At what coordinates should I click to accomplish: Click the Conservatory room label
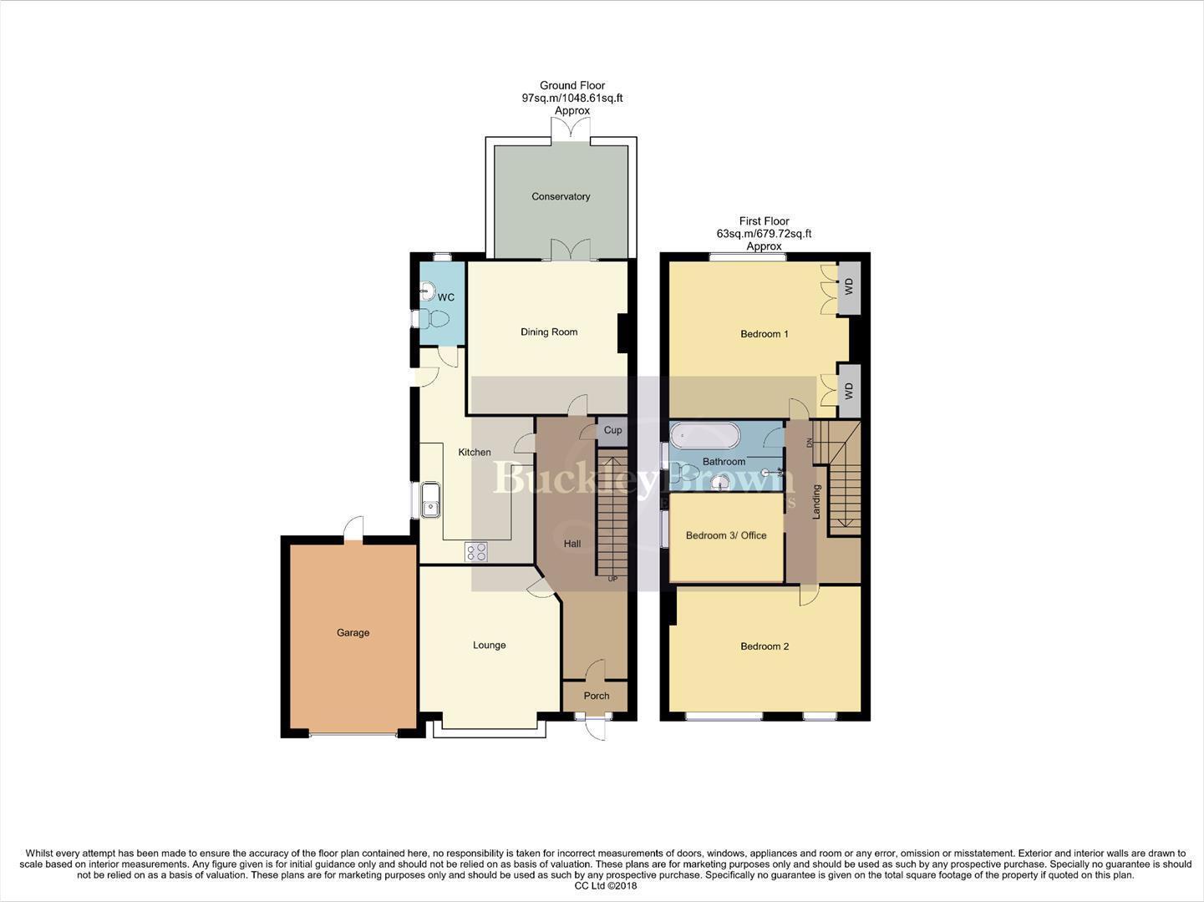[x=561, y=196]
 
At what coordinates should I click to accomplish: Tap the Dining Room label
[x=549, y=332]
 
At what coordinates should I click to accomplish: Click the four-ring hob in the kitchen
[x=477, y=551]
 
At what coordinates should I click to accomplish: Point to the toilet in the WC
[x=432, y=318]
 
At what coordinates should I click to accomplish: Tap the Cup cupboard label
[x=612, y=430]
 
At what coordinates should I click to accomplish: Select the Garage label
[x=353, y=632]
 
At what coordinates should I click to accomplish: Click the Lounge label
[x=489, y=645]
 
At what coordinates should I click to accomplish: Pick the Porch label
[x=597, y=696]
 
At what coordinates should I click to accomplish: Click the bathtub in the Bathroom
[x=706, y=435]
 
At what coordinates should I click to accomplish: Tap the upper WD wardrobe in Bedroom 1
[x=849, y=287]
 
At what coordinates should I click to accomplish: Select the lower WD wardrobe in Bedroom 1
[x=849, y=390]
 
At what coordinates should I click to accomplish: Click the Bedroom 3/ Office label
[x=725, y=535]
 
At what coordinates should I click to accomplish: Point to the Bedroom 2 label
[x=764, y=646]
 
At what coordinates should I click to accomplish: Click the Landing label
[x=816, y=501]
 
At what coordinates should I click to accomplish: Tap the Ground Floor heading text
[x=572, y=85]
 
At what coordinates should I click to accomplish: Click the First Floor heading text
[x=764, y=221]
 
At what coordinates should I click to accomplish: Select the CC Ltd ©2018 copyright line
[x=602, y=885]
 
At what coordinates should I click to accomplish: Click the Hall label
[x=572, y=544]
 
